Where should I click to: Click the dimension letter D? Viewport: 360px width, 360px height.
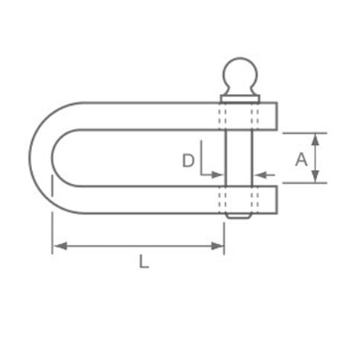coord(188,160)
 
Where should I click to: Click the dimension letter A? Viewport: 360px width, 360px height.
coord(301,160)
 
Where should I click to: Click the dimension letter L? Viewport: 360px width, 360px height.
coord(144,261)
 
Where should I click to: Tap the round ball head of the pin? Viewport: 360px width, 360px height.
coord(240,74)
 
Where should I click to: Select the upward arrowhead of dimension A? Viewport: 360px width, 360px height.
coord(315,139)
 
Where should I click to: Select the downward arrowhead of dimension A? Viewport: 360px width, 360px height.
coord(315,177)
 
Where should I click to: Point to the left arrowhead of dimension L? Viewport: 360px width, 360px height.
coord(59,246)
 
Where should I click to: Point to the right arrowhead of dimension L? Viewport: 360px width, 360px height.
coord(218,246)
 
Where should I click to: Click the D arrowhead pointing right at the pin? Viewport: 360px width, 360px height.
coord(218,175)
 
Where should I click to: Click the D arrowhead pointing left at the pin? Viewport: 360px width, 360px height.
coord(260,175)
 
